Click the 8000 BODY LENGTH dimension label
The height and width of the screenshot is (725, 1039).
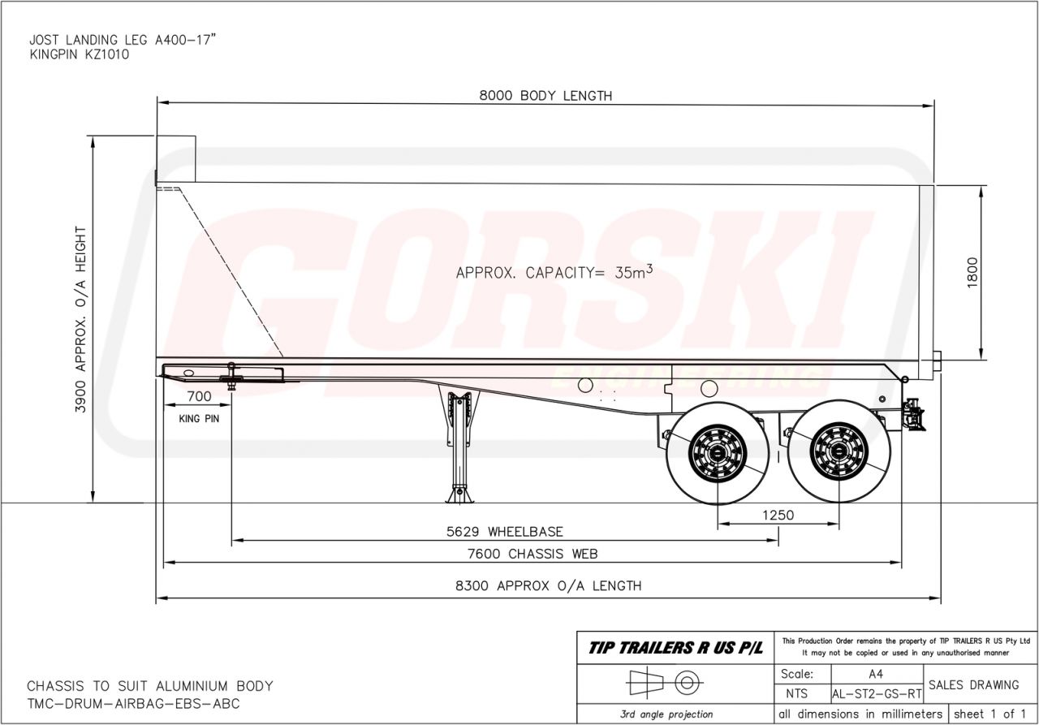tap(545, 96)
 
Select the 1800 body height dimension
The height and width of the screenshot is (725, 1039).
tap(973, 273)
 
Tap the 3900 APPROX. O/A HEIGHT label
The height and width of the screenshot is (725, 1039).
tap(80, 319)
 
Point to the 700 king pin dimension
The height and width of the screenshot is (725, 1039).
tap(198, 397)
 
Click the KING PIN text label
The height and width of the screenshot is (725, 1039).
tap(198, 420)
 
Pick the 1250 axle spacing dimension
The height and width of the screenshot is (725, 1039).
tap(778, 515)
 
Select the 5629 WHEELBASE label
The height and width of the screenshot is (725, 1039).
tap(504, 532)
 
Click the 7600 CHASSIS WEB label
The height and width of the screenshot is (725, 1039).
tap(532, 555)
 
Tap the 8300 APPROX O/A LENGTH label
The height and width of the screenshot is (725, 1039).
tap(549, 585)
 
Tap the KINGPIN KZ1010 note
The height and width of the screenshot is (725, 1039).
tap(78, 54)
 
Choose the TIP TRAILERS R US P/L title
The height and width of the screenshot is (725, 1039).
tap(675, 648)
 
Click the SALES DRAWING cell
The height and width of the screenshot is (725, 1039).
tap(973, 685)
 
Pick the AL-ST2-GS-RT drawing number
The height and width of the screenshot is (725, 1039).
tap(877, 695)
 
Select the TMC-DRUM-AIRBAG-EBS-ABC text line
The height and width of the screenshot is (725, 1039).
tap(133, 704)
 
